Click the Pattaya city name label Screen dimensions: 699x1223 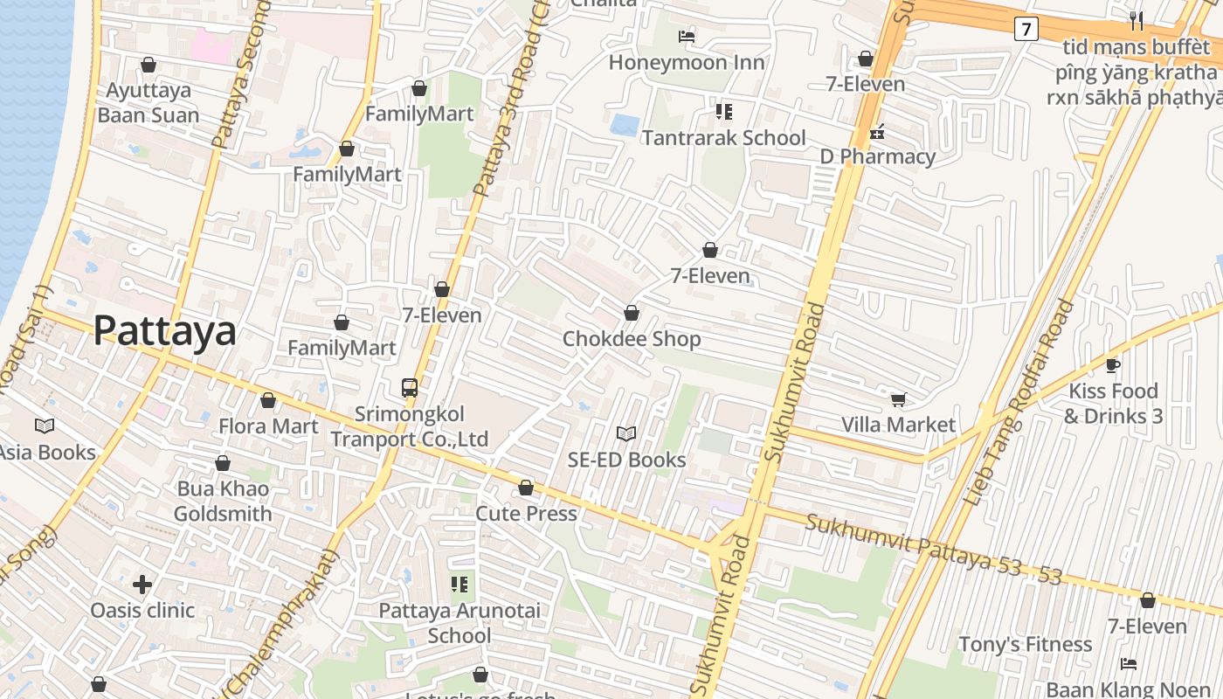point(164,331)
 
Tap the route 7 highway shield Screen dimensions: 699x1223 point(1026,29)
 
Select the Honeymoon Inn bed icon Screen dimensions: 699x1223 point(687,36)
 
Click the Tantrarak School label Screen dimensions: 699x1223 point(723,138)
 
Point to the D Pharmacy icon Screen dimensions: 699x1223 point(877,133)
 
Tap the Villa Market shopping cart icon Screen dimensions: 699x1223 point(898,400)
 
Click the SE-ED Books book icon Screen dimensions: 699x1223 point(626,433)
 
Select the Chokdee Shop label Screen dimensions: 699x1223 point(632,339)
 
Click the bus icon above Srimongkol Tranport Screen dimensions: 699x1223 point(409,388)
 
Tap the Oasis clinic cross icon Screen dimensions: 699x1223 point(142,584)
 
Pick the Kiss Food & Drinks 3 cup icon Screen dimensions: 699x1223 point(1113,365)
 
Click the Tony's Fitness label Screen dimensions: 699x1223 point(1025,645)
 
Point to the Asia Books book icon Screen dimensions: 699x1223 point(45,426)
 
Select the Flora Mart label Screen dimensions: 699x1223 point(268,426)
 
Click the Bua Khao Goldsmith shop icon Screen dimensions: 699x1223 point(223,463)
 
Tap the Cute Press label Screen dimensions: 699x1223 point(526,514)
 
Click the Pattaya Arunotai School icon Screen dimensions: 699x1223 point(459,584)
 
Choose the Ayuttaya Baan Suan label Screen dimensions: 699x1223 point(149,102)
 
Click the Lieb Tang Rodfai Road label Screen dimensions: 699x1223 point(1019,404)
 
